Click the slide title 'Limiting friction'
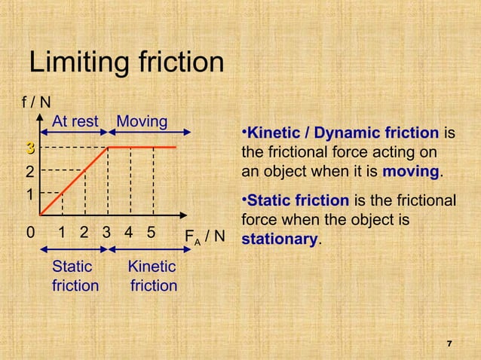126,63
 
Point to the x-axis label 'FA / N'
205,237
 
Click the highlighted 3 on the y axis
29,147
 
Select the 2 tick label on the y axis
29,171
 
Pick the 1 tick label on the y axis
29,195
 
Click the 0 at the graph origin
29,232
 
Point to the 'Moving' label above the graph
142,122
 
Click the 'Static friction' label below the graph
75,276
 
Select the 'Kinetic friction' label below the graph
153,276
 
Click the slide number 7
449,344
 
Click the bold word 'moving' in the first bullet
411,171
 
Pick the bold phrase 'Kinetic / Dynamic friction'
343,134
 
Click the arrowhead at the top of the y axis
40,118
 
